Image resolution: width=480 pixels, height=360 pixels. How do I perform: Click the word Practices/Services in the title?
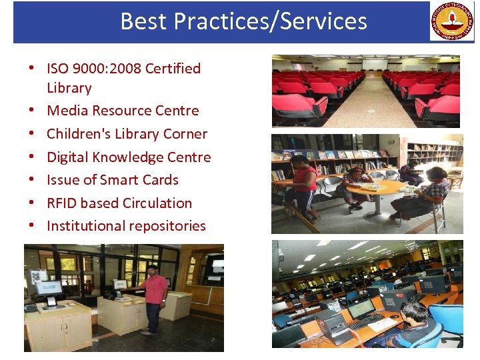click(x=271, y=21)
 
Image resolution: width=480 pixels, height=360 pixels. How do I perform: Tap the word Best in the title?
click(x=144, y=21)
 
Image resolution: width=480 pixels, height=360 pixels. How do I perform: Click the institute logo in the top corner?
click(x=451, y=21)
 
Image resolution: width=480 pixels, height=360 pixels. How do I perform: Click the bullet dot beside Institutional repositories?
click(x=31, y=226)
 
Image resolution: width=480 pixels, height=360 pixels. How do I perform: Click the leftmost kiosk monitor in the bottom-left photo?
click(x=48, y=288)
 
